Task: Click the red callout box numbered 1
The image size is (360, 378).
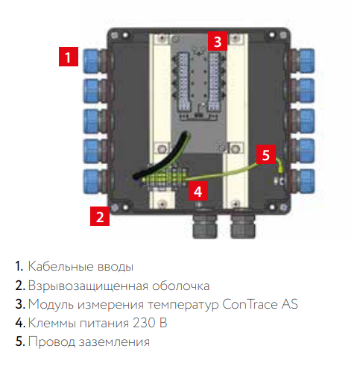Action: click(x=69, y=57)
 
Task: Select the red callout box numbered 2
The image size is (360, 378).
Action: click(x=100, y=216)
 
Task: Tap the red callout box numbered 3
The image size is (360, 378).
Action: click(x=218, y=41)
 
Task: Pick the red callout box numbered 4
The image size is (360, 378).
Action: click(x=198, y=191)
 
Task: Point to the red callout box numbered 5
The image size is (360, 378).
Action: click(x=266, y=154)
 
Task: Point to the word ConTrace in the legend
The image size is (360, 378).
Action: click(x=250, y=304)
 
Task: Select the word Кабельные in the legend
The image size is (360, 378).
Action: click(x=60, y=266)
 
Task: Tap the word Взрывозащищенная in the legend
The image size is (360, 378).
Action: click(x=88, y=286)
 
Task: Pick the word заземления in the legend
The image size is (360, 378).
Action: click(x=114, y=341)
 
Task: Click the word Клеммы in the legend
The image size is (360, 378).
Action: click(x=52, y=323)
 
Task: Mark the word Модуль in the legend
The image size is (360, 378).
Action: click(x=51, y=304)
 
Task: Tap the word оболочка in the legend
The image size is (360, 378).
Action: click(x=181, y=286)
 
